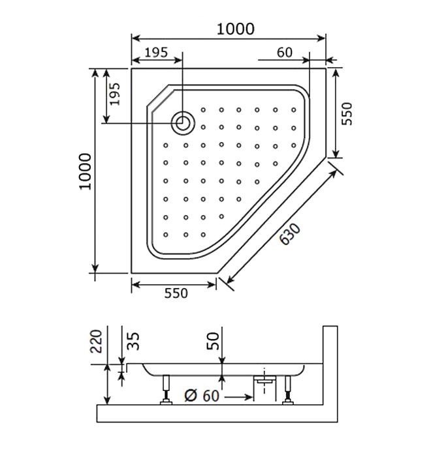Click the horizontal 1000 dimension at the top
(235, 29)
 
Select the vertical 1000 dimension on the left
(86, 171)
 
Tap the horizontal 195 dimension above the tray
(156, 53)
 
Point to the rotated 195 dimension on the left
(114, 94)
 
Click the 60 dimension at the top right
(284, 53)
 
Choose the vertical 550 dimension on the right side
(347, 113)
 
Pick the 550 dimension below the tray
(176, 293)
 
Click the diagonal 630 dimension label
(290, 234)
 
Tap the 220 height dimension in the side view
(96, 341)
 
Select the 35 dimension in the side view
(133, 341)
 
